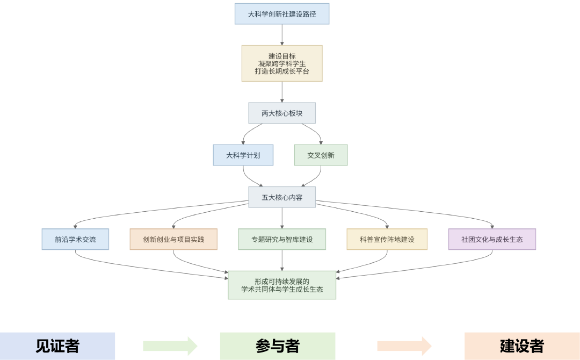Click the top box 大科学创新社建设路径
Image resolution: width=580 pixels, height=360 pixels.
click(x=281, y=14)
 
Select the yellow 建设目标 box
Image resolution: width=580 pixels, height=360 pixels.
click(x=281, y=63)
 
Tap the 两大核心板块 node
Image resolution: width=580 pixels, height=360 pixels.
click(x=281, y=113)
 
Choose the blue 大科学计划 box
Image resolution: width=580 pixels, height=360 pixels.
click(x=243, y=155)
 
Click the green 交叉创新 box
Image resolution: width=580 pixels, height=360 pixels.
click(x=321, y=155)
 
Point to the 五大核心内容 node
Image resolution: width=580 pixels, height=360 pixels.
click(x=281, y=197)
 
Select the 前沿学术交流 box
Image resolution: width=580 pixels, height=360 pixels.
click(x=75, y=239)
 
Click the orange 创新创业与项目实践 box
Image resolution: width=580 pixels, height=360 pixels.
click(x=173, y=239)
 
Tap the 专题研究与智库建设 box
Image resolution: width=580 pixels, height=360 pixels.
click(x=282, y=239)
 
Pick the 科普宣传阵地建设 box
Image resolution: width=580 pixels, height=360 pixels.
click(x=387, y=239)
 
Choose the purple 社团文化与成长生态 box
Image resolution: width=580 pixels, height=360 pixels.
click(x=492, y=239)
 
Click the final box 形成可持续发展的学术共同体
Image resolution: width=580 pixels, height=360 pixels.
click(x=282, y=285)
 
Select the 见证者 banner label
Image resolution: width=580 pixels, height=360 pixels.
click(x=57, y=346)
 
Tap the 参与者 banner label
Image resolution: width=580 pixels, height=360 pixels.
click(x=277, y=346)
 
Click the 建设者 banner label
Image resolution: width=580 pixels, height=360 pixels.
click(x=521, y=346)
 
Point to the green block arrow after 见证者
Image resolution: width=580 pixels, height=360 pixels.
click(x=170, y=346)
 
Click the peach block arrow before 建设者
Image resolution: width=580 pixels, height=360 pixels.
click(x=404, y=346)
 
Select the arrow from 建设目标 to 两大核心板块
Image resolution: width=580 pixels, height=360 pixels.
click(x=282, y=92)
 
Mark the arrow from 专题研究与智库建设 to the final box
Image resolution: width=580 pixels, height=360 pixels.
click(x=282, y=260)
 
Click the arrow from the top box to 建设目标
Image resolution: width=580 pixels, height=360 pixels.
click(x=282, y=34)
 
